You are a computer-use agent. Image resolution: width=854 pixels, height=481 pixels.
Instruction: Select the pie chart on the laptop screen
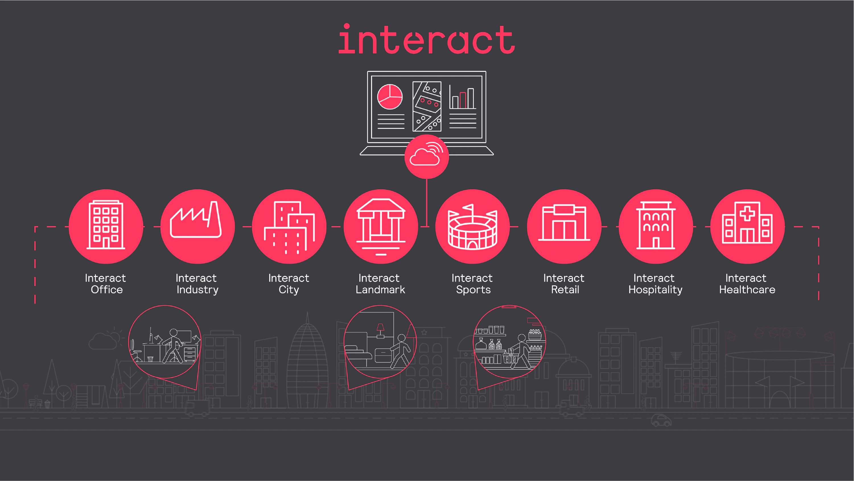coord(390,97)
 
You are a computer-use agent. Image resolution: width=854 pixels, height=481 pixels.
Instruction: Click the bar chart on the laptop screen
coord(462,98)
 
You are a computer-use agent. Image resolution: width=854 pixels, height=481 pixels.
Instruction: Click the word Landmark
coord(380,290)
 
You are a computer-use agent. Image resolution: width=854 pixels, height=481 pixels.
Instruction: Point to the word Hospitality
coord(655,290)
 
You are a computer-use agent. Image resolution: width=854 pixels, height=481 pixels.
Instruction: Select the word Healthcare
coord(747,290)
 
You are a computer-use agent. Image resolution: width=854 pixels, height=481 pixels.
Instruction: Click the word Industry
coord(197,290)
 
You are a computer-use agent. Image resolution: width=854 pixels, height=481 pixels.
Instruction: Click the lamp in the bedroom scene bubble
coord(380,330)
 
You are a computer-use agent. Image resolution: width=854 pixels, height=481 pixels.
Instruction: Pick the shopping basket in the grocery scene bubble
coord(510,358)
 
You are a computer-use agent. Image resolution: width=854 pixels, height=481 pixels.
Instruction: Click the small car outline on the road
coord(661,420)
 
